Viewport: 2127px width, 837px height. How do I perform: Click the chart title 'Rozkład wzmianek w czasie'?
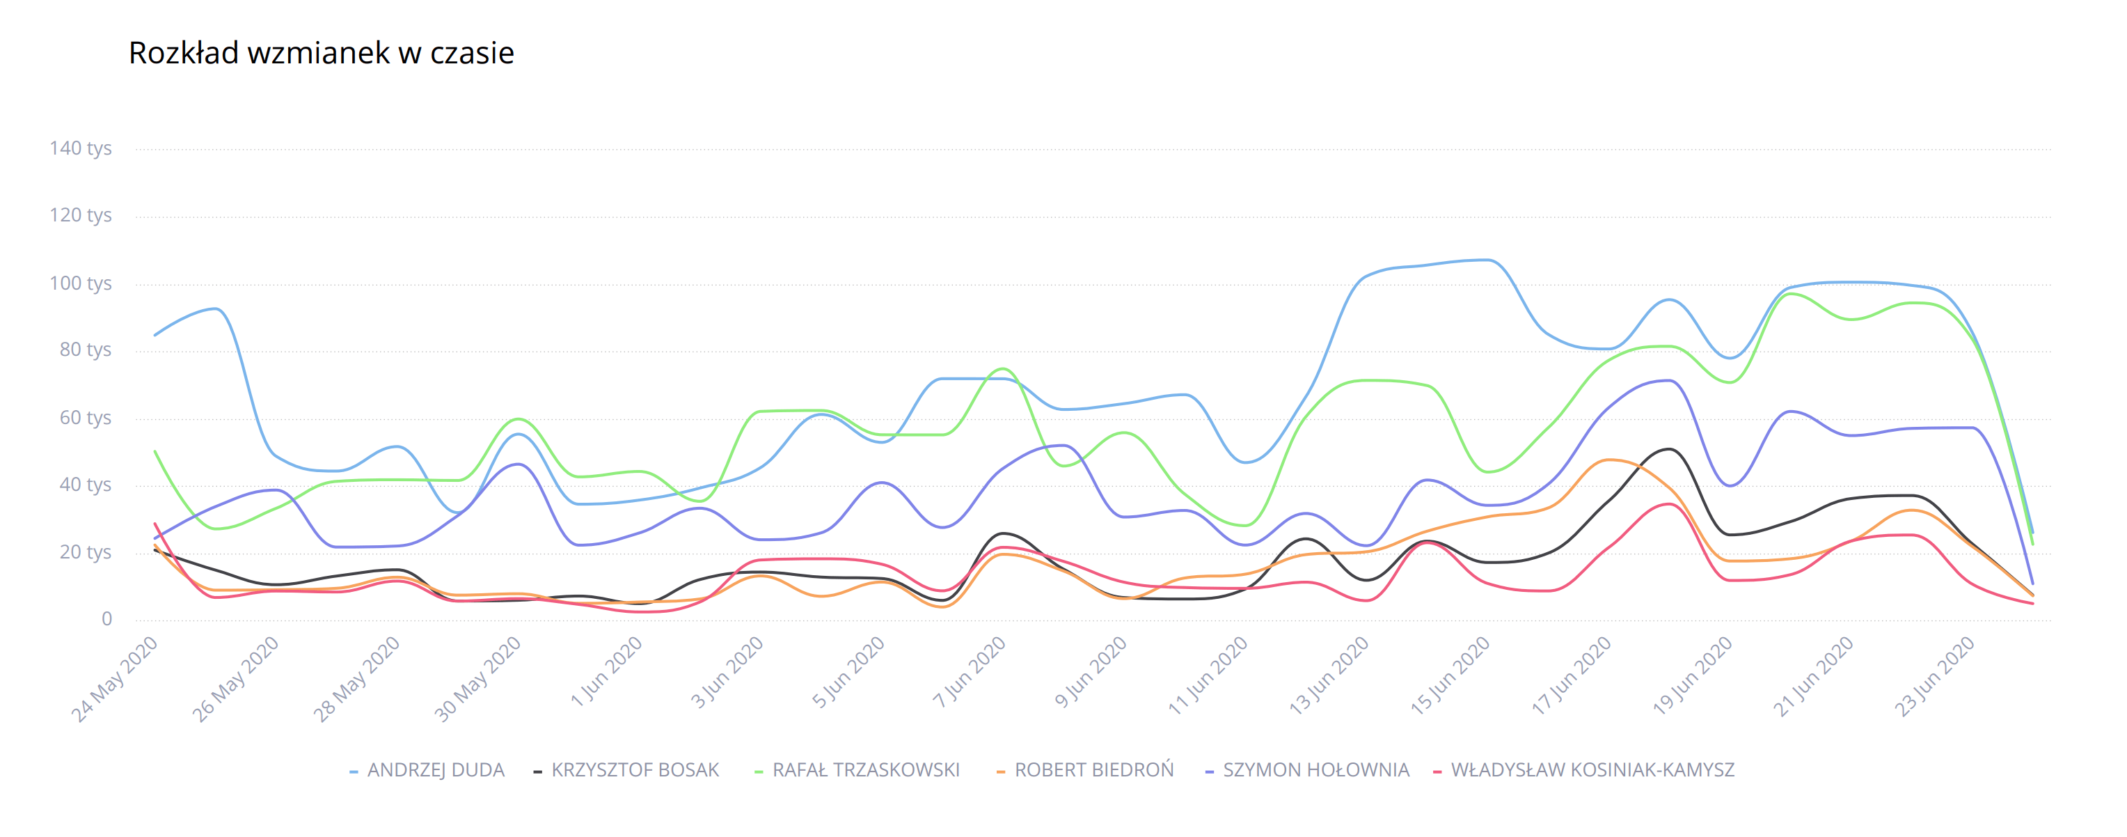point(321,53)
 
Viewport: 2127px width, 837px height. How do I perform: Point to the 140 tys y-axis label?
point(80,149)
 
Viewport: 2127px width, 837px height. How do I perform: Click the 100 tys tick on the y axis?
point(80,283)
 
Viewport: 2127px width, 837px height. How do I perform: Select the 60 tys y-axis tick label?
point(84,418)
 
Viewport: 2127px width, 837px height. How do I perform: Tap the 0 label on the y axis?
point(106,620)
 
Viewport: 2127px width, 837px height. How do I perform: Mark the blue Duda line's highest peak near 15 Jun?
point(1488,260)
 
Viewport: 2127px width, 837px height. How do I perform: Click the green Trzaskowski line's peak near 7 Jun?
point(1002,368)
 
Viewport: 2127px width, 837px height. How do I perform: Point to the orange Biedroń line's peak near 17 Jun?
point(1608,460)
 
